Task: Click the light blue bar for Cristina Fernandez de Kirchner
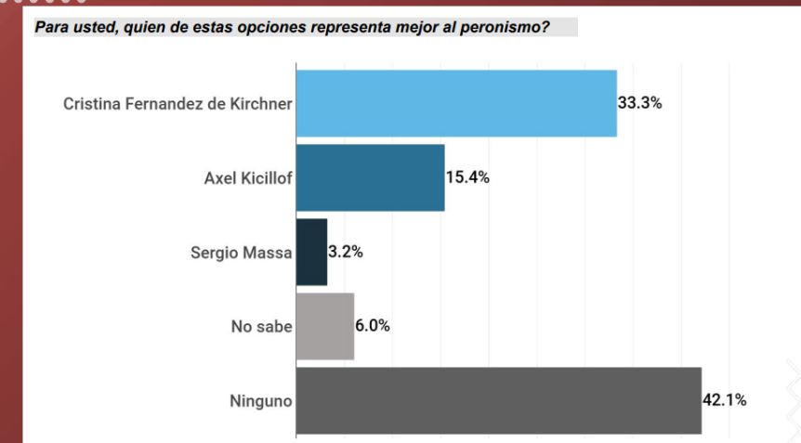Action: coord(456,104)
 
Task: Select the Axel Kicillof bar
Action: coord(371,177)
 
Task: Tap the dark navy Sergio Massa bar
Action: coord(311,252)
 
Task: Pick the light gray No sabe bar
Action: coord(325,326)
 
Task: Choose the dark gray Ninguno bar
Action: coord(499,400)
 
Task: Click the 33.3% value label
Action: coord(639,103)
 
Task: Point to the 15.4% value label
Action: coord(467,177)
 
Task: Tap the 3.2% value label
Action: coord(346,252)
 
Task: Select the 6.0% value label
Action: coord(373,326)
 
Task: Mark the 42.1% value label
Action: coord(725,400)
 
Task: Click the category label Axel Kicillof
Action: coord(248,178)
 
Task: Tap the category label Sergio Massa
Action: coord(241,253)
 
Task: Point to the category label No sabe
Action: coord(261,327)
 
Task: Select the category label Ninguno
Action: coord(261,401)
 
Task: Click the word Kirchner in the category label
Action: coord(261,104)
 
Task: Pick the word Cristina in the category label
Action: coord(92,104)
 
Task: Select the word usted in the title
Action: coord(96,27)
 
